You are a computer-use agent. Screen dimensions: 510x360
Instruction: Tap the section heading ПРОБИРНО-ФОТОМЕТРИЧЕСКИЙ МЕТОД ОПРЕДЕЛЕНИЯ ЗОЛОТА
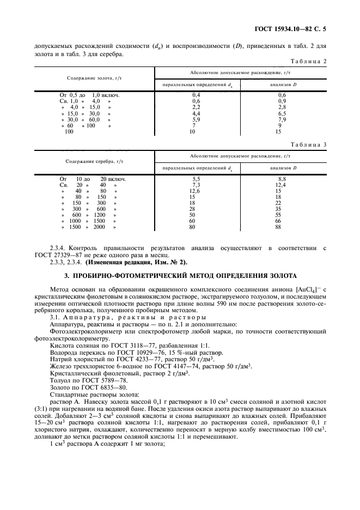[x=187, y=276]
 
